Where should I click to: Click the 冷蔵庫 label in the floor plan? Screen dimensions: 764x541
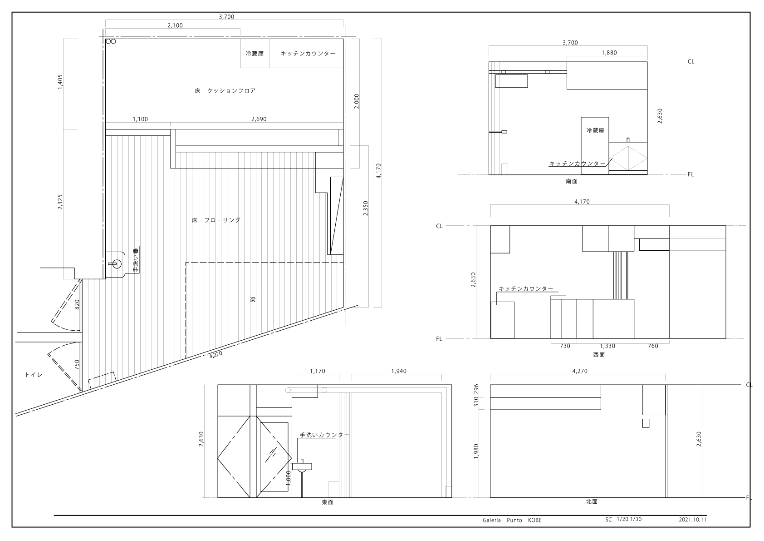[255, 54]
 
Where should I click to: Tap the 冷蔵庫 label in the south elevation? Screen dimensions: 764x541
[595, 130]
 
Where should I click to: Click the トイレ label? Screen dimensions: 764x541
[34, 375]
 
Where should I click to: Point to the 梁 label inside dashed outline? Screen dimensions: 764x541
[253, 299]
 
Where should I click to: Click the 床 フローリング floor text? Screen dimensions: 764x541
[216, 220]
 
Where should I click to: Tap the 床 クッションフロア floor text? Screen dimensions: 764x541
[225, 90]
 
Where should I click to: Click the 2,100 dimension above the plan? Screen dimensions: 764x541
[175, 25]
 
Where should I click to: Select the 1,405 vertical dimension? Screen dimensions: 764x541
[60, 82]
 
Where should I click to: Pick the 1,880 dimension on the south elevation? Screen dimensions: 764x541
[609, 53]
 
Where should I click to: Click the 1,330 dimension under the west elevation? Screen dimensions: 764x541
[607, 346]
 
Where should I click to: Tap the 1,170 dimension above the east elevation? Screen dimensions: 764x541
[318, 371]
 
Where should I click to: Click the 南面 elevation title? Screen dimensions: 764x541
[572, 181]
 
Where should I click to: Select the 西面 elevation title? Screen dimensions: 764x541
[599, 355]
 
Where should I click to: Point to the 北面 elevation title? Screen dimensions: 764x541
[592, 502]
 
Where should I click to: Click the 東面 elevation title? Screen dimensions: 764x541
[328, 502]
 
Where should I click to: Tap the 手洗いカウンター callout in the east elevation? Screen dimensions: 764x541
[324, 435]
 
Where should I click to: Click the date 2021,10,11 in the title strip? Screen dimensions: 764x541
[692, 520]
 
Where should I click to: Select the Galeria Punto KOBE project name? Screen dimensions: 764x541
[512, 520]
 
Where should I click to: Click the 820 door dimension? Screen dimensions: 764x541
[77, 305]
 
